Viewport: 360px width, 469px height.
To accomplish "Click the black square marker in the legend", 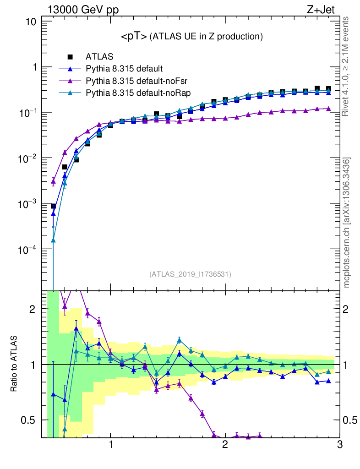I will click(x=71, y=57).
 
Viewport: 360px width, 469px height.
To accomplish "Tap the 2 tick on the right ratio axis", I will click(x=349, y=309).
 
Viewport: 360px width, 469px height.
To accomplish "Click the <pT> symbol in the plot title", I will click(x=134, y=36).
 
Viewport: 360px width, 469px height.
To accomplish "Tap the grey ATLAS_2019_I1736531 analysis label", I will click(x=190, y=274).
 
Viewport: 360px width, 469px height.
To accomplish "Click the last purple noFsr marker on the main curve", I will click(x=328, y=109).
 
